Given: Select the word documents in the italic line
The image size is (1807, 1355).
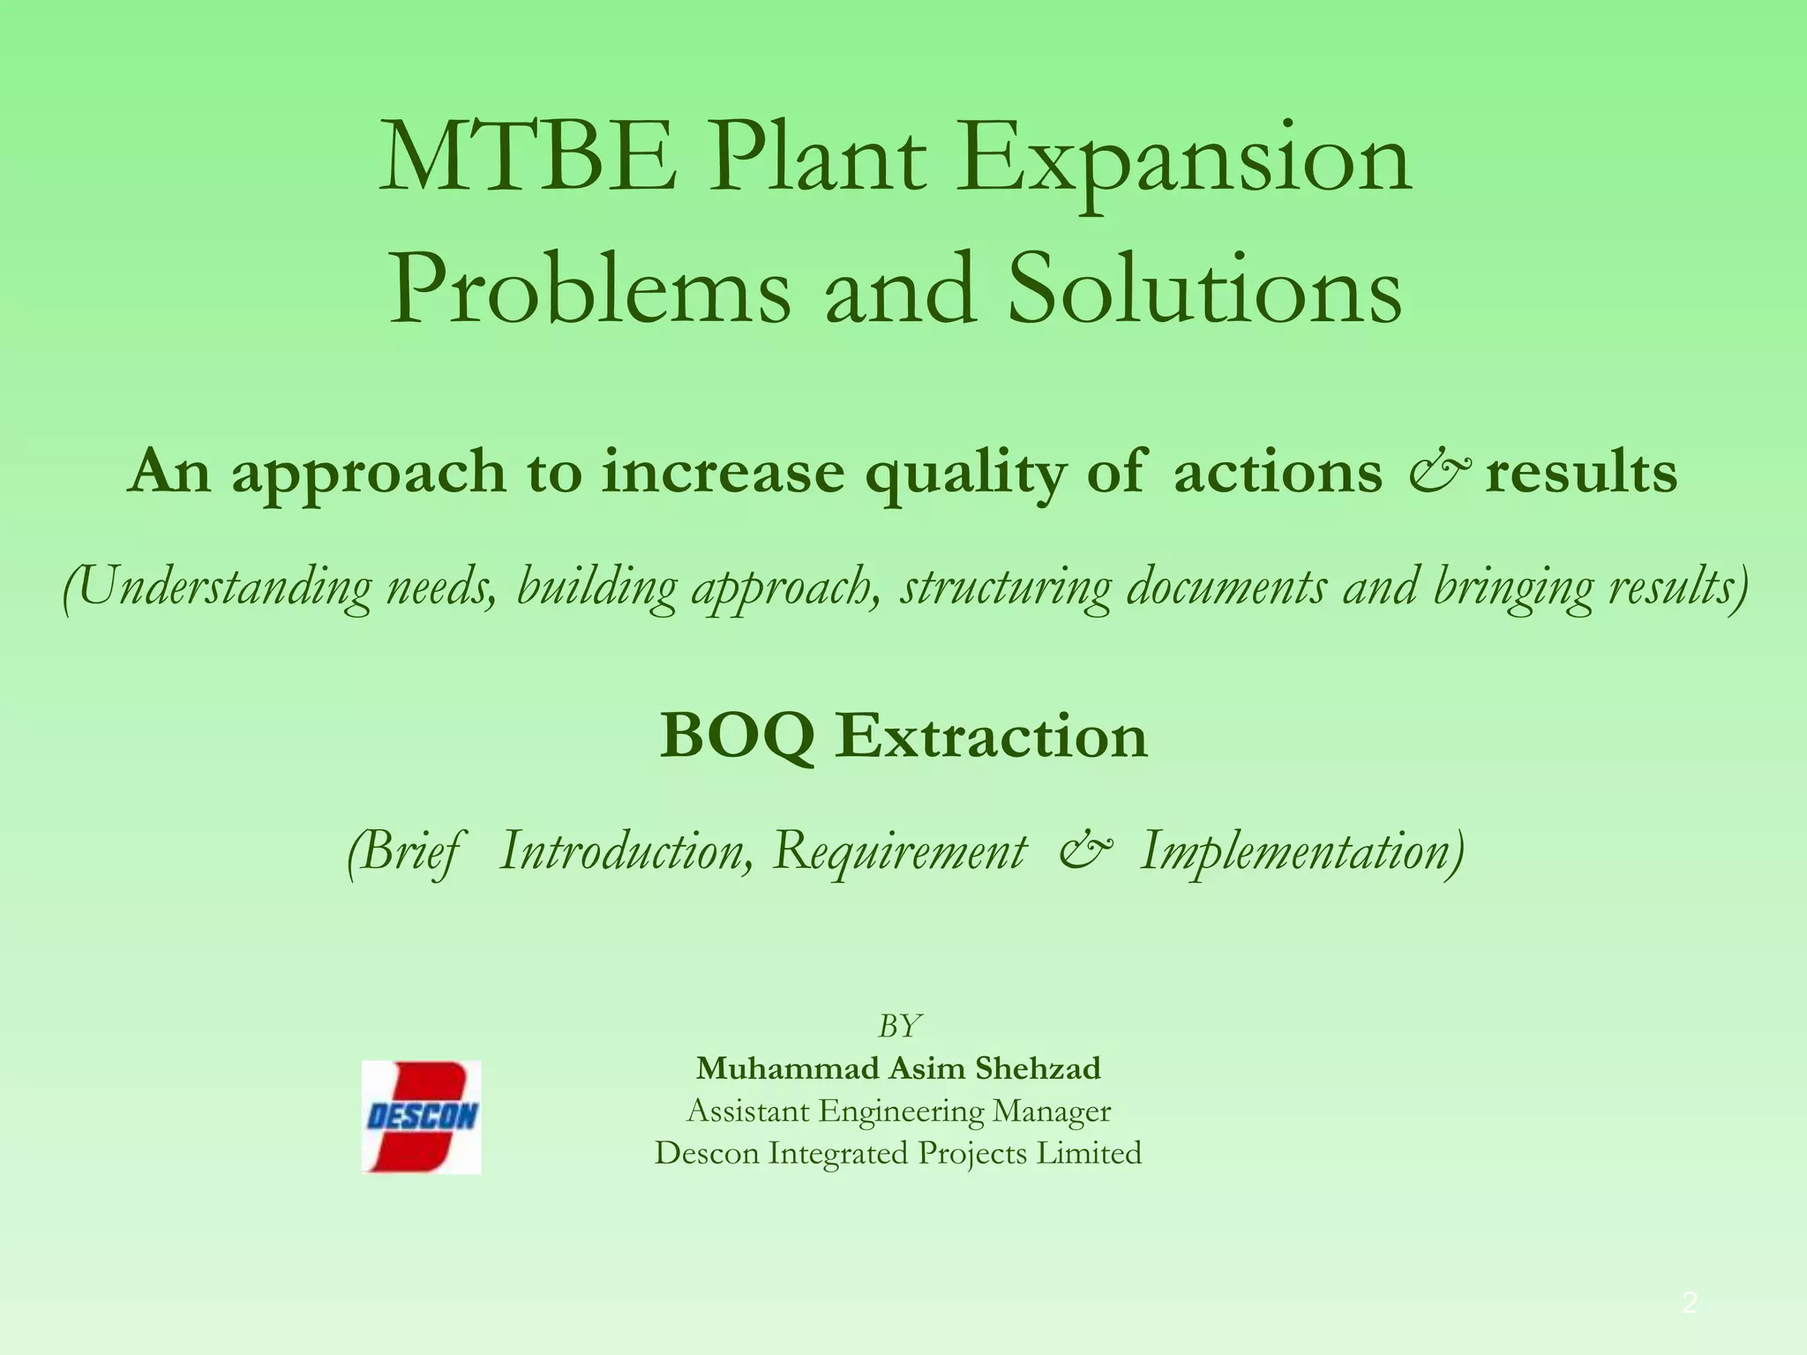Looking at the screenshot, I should [1226, 586].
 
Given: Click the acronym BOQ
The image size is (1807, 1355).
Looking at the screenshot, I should [737, 736].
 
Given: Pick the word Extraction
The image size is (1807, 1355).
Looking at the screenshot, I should [992, 736].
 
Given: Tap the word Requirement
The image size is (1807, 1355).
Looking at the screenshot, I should [901, 852].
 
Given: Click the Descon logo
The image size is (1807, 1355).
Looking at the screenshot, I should [422, 1117].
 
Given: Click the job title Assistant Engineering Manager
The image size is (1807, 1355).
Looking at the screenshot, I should [898, 1111].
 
